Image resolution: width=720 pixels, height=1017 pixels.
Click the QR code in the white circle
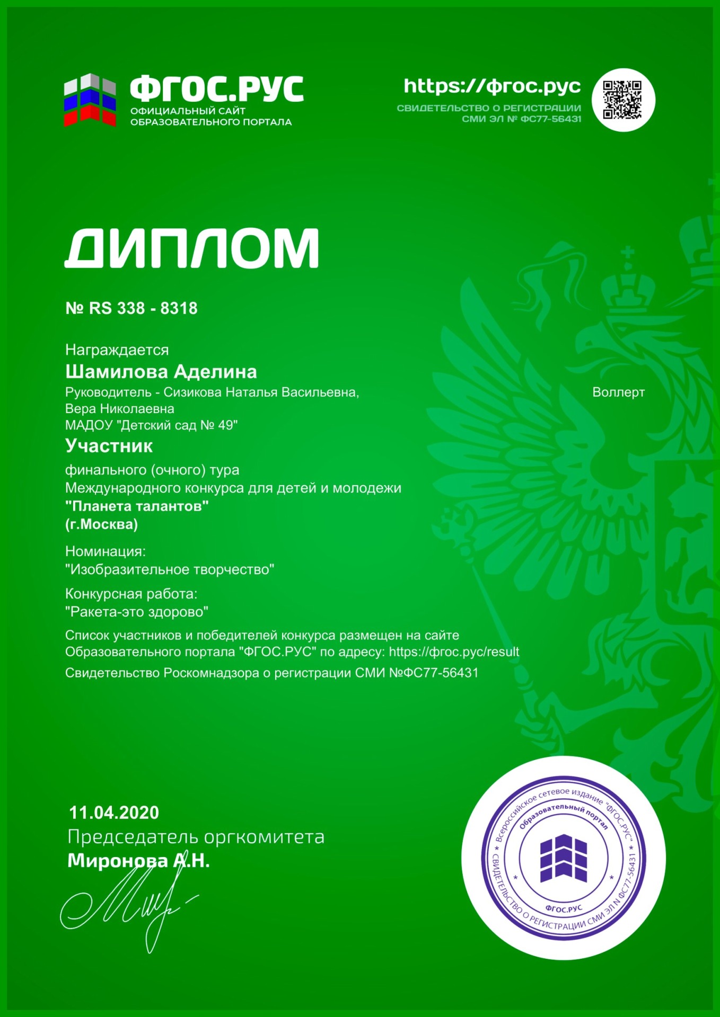(622, 100)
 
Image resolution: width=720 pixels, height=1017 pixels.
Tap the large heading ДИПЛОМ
(192, 248)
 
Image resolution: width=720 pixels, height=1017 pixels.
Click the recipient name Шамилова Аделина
(161, 372)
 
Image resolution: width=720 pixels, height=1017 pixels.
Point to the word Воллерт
(618, 392)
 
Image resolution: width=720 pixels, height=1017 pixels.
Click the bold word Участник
(109, 446)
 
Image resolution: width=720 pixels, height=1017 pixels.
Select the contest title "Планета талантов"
(137, 506)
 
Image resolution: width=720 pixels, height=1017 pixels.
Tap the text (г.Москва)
(101, 524)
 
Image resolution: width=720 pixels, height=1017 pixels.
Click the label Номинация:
(106, 551)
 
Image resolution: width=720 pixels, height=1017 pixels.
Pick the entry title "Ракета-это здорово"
(137, 612)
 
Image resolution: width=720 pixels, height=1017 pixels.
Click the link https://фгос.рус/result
(454, 652)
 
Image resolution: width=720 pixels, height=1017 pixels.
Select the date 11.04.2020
(114, 813)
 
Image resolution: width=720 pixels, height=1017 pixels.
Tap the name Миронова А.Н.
(138, 861)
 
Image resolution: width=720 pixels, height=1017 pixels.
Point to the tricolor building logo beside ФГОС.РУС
(90, 100)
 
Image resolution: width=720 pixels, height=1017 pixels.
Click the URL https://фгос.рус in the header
(492, 86)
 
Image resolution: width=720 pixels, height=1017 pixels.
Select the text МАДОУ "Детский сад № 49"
(151, 425)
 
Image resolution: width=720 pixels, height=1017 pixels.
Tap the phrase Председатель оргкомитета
(196, 837)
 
